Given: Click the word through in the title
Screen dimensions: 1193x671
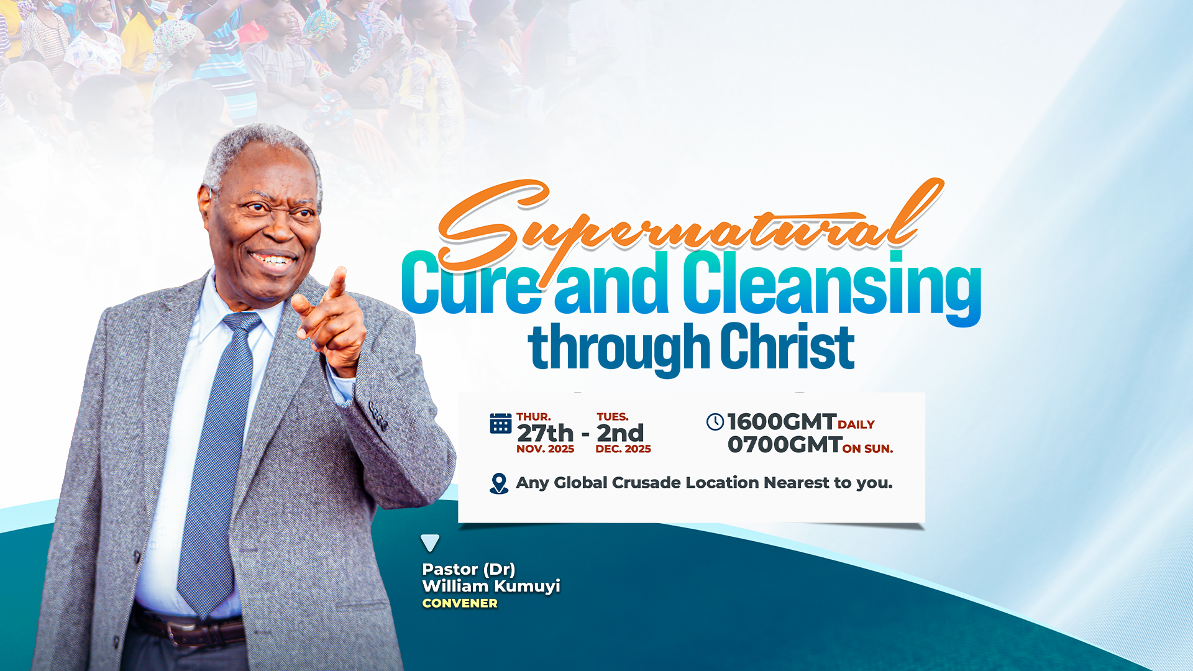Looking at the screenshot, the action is [x=619, y=349].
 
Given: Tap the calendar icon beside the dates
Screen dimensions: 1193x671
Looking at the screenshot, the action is [x=501, y=423].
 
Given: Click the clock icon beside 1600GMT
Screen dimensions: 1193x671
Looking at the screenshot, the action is [x=715, y=422].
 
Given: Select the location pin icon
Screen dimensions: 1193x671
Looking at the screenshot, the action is [x=499, y=483].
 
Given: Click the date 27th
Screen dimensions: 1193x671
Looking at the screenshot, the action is [x=545, y=433].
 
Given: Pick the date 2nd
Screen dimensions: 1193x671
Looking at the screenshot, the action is [x=620, y=433].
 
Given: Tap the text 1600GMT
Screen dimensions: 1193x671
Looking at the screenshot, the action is [x=782, y=422].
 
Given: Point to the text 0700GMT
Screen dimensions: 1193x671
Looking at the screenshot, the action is [x=785, y=445].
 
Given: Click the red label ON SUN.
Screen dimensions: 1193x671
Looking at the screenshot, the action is [x=867, y=449].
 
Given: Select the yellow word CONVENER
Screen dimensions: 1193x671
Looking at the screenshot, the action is [x=460, y=603].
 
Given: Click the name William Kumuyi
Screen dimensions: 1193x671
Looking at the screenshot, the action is [x=491, y=586].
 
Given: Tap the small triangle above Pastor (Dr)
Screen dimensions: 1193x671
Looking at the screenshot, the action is [x=430, y=542].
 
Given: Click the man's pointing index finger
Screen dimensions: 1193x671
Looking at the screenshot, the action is [x=337, y=283].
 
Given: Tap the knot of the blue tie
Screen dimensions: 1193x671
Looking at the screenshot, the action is [x=242, y=322].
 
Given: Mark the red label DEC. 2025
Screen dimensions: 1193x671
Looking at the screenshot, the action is [x=623, y=449].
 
